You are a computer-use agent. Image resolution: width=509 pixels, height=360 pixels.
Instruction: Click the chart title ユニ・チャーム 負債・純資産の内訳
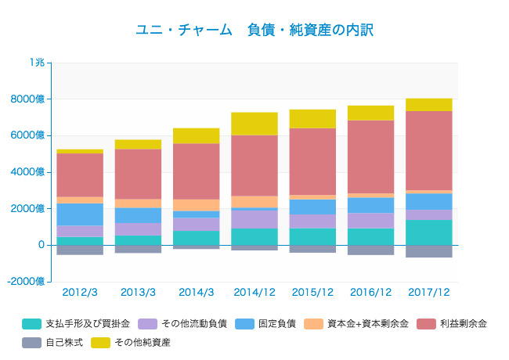pyautogui.click(x=254, y=30)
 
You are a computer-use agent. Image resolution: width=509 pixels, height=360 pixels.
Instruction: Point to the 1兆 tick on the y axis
pyautogui.click(x=37, y=63)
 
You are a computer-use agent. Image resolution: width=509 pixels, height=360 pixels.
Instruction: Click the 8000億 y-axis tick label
pyautogui.click(x=30, y=99)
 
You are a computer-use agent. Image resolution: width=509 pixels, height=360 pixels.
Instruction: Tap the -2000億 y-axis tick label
pyautogui.click(x=27, y=282)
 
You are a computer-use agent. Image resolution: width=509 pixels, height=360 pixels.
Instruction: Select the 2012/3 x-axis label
pyautogui.click(x=80, y=292)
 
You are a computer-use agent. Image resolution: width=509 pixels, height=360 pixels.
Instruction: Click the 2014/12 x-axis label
pyautogui.click(x=254, y=292)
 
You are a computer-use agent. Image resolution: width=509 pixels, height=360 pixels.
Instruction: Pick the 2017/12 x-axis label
pyautogui.click(x=428, y=292)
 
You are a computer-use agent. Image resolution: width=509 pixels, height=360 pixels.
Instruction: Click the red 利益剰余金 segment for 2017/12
pyautogui.click(x=429, y=150)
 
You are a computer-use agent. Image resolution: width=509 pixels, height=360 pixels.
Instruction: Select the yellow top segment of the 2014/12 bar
pyautogui.click(x=254, y=124)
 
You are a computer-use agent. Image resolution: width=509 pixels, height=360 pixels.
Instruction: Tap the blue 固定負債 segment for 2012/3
pyautogui.click(x=80, y=214)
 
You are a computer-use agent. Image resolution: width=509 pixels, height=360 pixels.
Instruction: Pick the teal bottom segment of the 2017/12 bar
pyautogui.click(x=429, y=232)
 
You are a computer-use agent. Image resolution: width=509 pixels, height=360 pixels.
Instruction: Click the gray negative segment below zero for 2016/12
pyautogui.click(x=370, y=250)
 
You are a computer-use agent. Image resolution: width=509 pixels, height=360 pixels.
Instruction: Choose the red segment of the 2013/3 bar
pyautogui.click(x=138, y=174)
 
